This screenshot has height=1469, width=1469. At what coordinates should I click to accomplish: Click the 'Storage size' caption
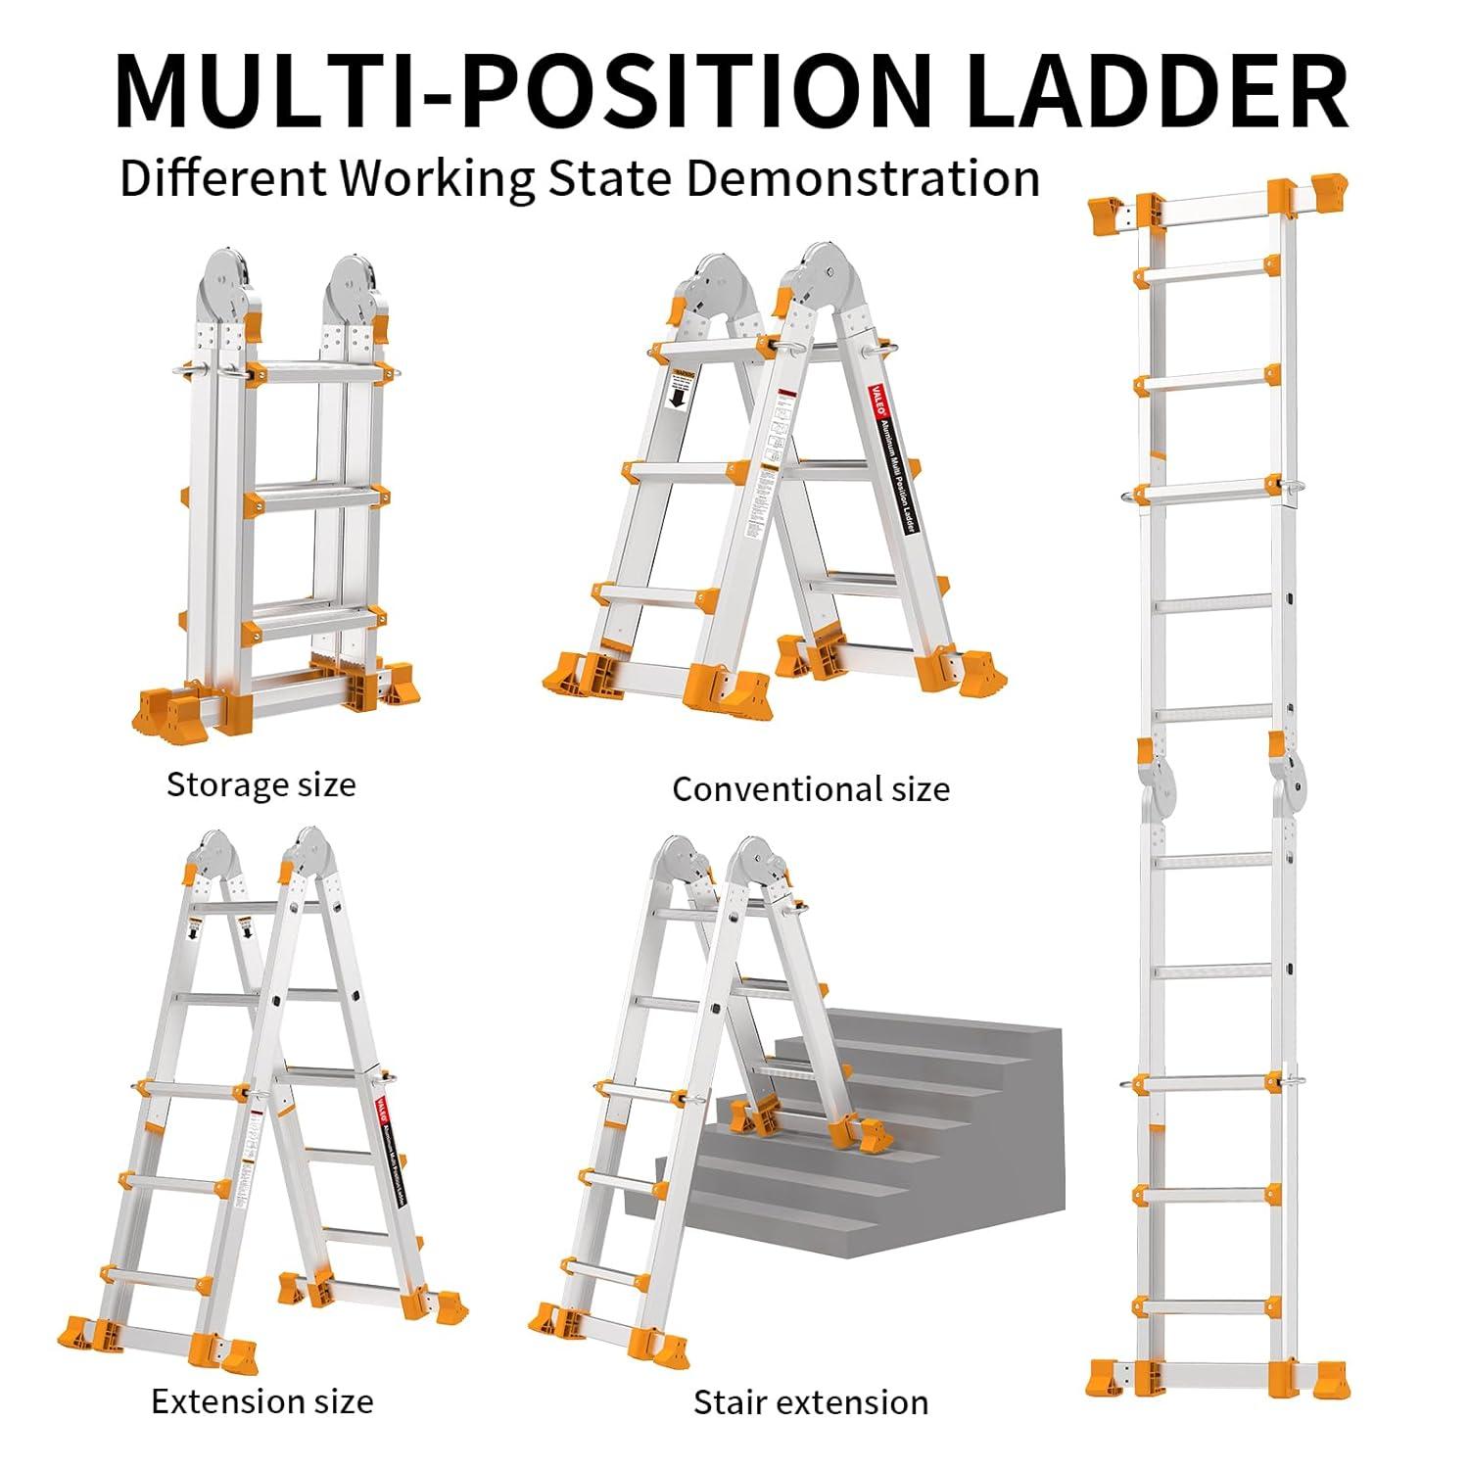pos(261,784)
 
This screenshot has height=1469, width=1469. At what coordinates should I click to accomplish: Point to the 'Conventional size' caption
pos(811,789)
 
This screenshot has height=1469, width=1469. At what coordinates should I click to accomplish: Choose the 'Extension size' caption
pos(262,1401)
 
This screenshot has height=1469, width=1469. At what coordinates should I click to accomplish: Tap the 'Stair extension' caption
pos(811,1402)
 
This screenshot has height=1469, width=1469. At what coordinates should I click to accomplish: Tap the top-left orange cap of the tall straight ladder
pos(1114,213)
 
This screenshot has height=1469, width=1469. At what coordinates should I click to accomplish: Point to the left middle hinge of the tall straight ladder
pos(1160,783)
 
